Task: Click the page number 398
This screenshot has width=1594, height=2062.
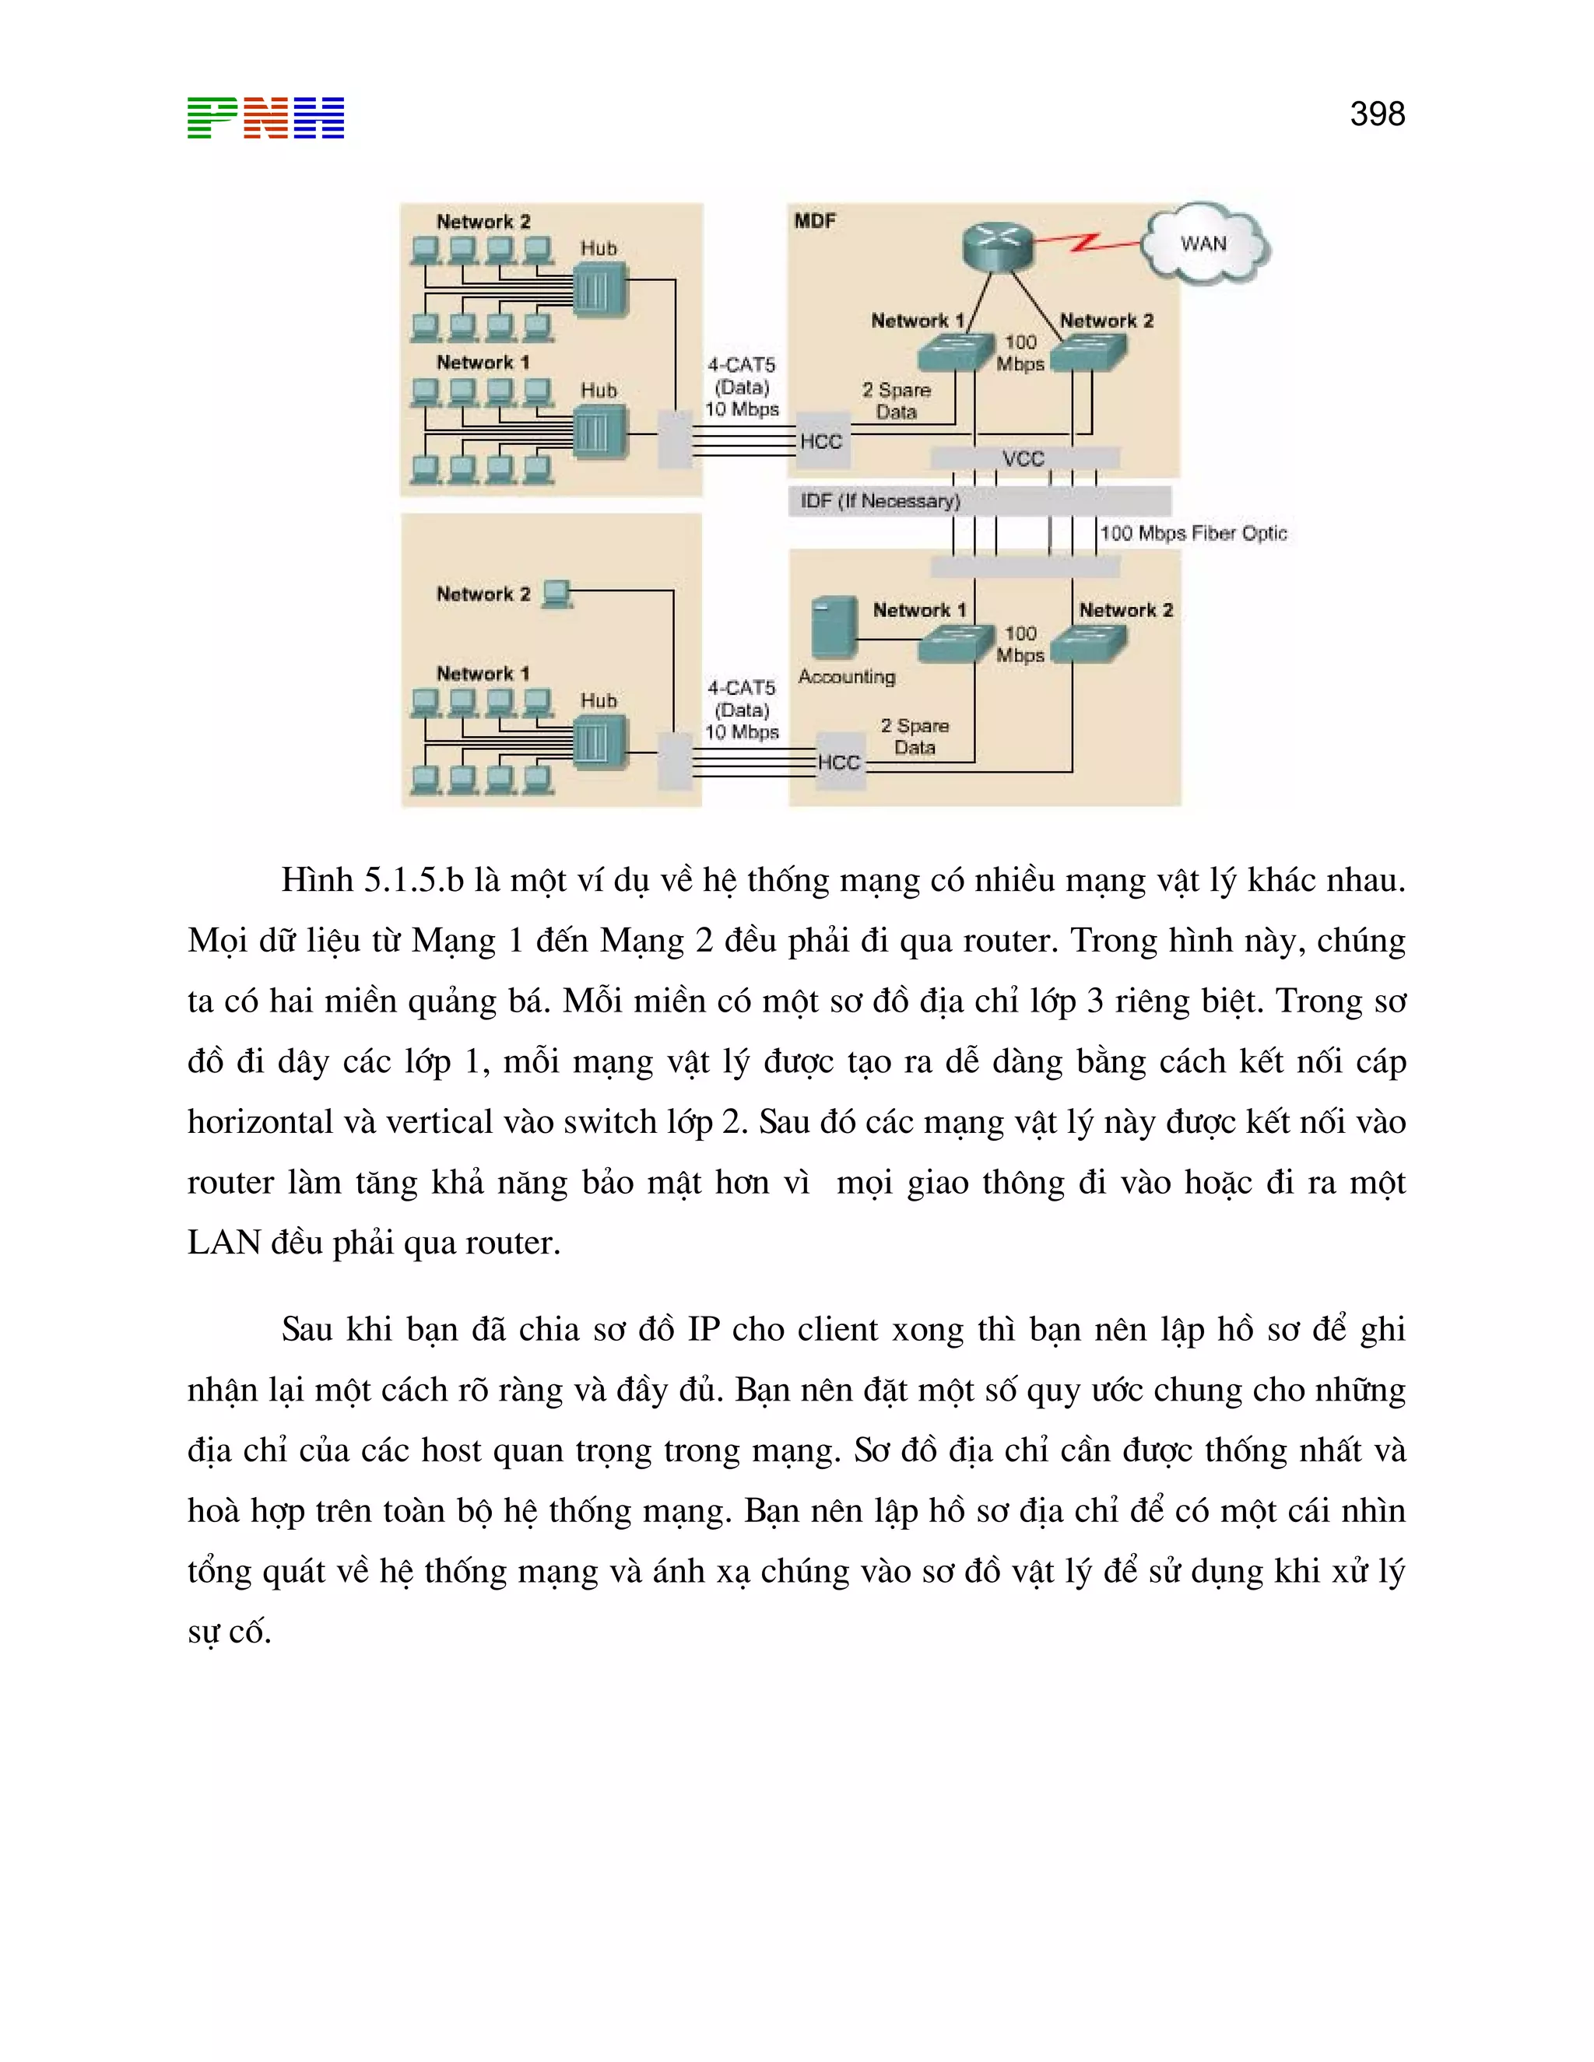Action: [1377, 114]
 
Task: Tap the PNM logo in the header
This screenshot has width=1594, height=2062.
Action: [265, 118]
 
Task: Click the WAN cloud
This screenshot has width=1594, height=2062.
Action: [1204, 244]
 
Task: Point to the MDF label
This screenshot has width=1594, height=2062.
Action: [814, 221]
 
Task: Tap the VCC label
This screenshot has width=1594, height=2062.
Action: [1023, 459]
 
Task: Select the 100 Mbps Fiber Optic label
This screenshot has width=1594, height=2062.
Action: [1192, 534]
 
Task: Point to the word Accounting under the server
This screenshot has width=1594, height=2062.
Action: [846, 677]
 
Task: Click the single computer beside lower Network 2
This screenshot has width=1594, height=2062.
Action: [557, 593]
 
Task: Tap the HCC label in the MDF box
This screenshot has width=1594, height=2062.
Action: [820, 441]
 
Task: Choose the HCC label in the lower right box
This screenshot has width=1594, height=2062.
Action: [838, 762]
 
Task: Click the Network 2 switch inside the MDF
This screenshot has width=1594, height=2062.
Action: [1088, 353]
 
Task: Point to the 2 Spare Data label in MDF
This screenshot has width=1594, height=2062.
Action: [896, 400]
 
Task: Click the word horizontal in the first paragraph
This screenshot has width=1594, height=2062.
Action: [261, 1121]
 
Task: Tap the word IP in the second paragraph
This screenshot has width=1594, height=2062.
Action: [704, 1329]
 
